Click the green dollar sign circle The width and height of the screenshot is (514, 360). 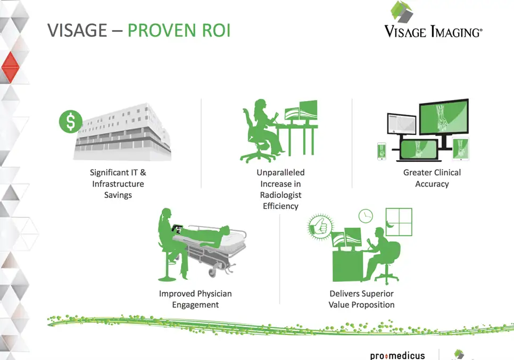[x=71, y=121]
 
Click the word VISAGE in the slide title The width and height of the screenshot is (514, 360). [x=77, y=30]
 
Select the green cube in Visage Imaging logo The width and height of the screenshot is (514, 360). [x=402, y=12]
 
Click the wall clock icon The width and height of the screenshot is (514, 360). [x=366, y=216]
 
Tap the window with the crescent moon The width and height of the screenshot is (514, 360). [x=399, y=222]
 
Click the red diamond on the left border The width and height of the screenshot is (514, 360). [x=11, y=67]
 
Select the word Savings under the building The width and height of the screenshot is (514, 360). [x=118, y=195]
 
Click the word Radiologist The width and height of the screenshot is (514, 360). [x=280, y=195]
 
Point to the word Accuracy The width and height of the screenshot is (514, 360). [x=432, y=184]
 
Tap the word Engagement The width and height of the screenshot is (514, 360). [x=195, y=305]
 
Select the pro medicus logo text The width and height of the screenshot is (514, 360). [x=397, y=355]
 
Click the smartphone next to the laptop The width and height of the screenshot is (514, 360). [x=382, y=152]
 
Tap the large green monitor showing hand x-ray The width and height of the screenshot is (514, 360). [x=444, y=116]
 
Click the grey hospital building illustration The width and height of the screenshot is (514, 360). [x=122, y=132]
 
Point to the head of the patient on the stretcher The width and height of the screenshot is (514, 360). [x=225, y=229]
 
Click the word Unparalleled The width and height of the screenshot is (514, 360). [x=280, y=173]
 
